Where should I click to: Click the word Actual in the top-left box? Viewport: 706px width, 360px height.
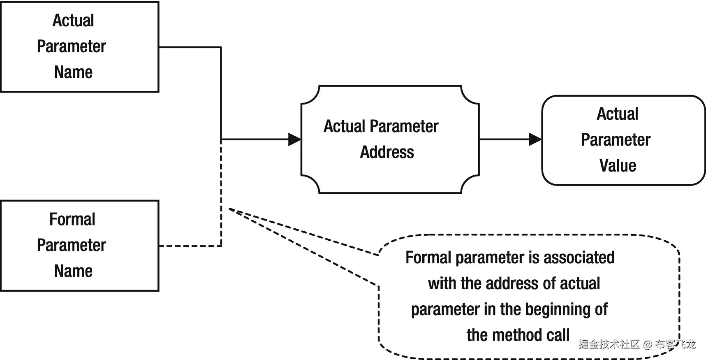point(73,21)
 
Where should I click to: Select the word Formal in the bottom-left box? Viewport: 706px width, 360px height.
point(72,219)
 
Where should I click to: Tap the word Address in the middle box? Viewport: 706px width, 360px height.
point(387,152)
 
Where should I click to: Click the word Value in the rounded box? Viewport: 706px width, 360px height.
point(618,166)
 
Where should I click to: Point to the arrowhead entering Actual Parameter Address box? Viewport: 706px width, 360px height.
point(294,139)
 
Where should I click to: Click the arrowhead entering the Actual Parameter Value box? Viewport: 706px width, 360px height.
point(535,139)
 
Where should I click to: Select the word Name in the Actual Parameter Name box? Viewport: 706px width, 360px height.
point(73,72)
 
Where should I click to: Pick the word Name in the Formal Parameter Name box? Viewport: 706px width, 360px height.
point(73,271)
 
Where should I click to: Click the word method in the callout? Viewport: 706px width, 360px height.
point(519,335)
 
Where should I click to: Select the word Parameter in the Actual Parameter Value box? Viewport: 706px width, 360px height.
point(616,140)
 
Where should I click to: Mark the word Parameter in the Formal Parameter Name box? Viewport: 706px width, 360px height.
point(72,245)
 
